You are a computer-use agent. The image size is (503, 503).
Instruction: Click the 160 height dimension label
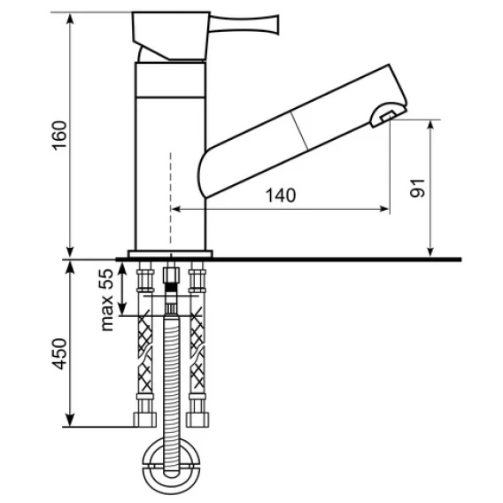click(x=60, y=135)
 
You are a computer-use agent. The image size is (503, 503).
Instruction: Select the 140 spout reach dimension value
click(x=281, y=196)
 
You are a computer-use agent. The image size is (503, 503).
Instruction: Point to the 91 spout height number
click(x=418, y=189)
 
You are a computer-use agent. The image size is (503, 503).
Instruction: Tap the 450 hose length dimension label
click(x=60, y=353)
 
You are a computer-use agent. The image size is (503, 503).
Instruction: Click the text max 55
click(x=107, y=299)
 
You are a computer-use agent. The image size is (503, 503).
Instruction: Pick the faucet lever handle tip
click(x=275, y=25)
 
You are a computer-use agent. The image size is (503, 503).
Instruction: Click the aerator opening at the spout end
click(x=389, y=115)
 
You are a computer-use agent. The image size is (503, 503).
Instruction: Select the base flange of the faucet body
click(x=170, y=254)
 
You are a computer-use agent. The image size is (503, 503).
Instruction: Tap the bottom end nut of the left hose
click(x=144, y=420)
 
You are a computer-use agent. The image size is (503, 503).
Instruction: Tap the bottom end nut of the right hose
click(x=197, y=420)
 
